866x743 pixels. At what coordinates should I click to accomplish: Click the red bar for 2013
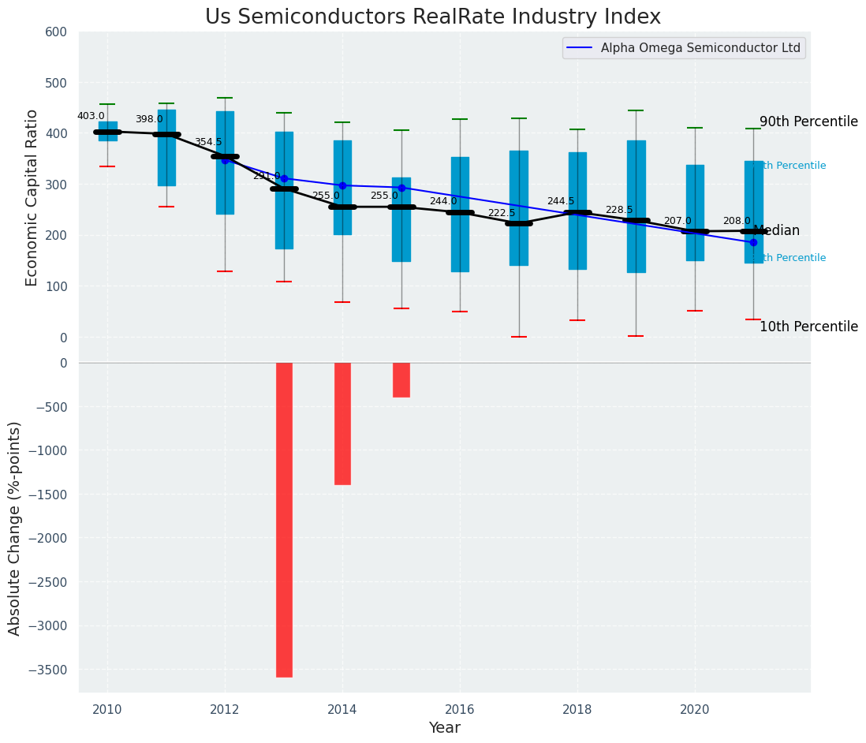284,519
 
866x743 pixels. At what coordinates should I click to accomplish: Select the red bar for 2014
342,424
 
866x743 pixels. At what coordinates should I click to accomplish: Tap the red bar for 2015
401,380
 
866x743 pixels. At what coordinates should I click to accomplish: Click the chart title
433,17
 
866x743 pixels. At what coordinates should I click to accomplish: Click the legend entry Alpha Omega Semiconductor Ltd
700,48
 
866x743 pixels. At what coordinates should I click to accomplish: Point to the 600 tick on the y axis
62,32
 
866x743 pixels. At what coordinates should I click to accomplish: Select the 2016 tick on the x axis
460,709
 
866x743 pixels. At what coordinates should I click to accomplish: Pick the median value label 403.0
91,116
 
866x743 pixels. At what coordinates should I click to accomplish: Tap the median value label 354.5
208,142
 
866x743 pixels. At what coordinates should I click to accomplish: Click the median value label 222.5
502,213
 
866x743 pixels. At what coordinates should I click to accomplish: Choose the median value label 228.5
619,210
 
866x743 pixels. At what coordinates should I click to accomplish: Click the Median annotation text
777,231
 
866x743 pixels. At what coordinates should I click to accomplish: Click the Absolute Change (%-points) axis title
15,528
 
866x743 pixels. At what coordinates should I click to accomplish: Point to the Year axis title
445,728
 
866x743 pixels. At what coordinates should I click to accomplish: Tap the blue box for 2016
460,215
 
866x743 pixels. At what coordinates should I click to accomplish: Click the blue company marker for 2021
753,242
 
